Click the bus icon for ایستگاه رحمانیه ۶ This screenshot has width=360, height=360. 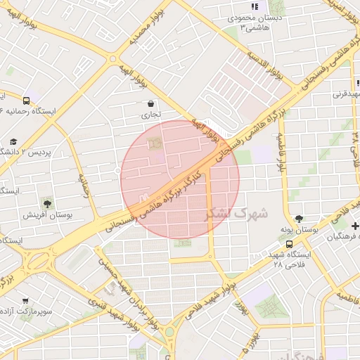(26, 101)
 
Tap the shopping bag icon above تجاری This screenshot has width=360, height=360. (151, 103)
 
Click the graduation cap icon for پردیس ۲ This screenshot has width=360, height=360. (13, 143)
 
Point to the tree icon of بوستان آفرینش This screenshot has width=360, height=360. (47, 202)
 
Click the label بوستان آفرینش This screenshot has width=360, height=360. (46, 214)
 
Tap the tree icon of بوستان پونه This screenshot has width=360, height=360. (299, 219)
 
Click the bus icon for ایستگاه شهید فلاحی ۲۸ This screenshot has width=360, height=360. (290, 244)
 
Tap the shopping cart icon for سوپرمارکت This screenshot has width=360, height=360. (26, 300)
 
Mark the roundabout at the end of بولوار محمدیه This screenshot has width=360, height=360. (112, 60)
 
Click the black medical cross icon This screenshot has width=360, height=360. (355, 226)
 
